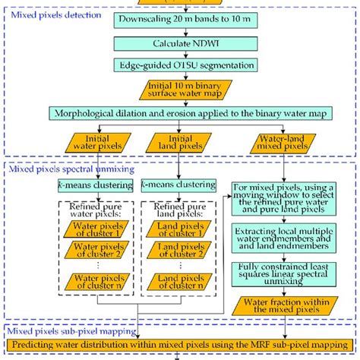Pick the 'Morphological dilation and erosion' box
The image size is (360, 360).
point(180,115)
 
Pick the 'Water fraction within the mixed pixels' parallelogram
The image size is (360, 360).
point(280,307)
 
